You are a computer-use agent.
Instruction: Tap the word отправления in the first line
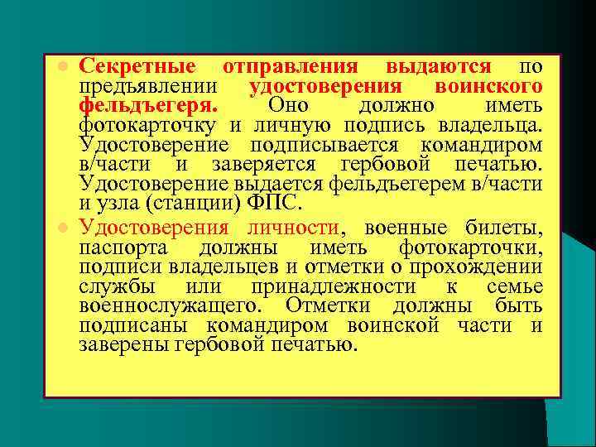click(291, 66)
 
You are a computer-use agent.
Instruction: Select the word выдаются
click(438, 66)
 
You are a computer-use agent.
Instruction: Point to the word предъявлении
click(148, 88)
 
